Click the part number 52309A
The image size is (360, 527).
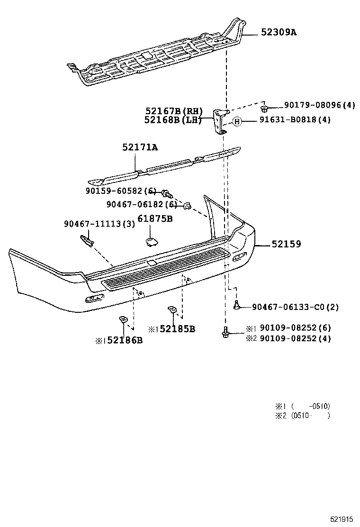click(281, 32)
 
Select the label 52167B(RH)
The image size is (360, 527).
click(173, 111)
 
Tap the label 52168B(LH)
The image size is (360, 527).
click(173, 120)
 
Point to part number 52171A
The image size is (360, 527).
click(140, 147)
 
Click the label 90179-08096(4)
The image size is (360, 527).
click(319, 105)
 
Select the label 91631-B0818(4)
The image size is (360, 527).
click(295, 120)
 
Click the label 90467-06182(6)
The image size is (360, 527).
click(141, 204)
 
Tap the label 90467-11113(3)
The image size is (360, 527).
click(99, 224)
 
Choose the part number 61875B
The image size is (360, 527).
click(155, 219)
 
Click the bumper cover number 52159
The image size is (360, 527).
click(286, 244)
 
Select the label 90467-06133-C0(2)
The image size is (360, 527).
click(295, 307)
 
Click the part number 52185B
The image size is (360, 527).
click(177, 329)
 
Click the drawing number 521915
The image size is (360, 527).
click(342, 518)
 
